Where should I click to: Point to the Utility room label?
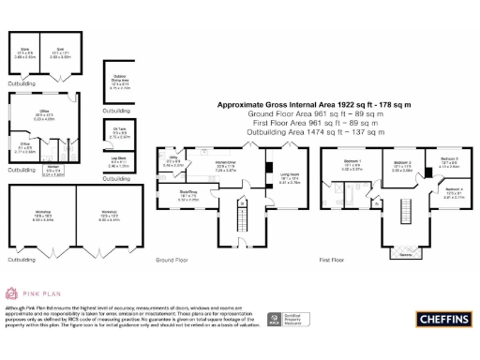tap(174, 163)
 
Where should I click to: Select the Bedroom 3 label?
tap(449, 160)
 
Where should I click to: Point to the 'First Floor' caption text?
tap(332, 259)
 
